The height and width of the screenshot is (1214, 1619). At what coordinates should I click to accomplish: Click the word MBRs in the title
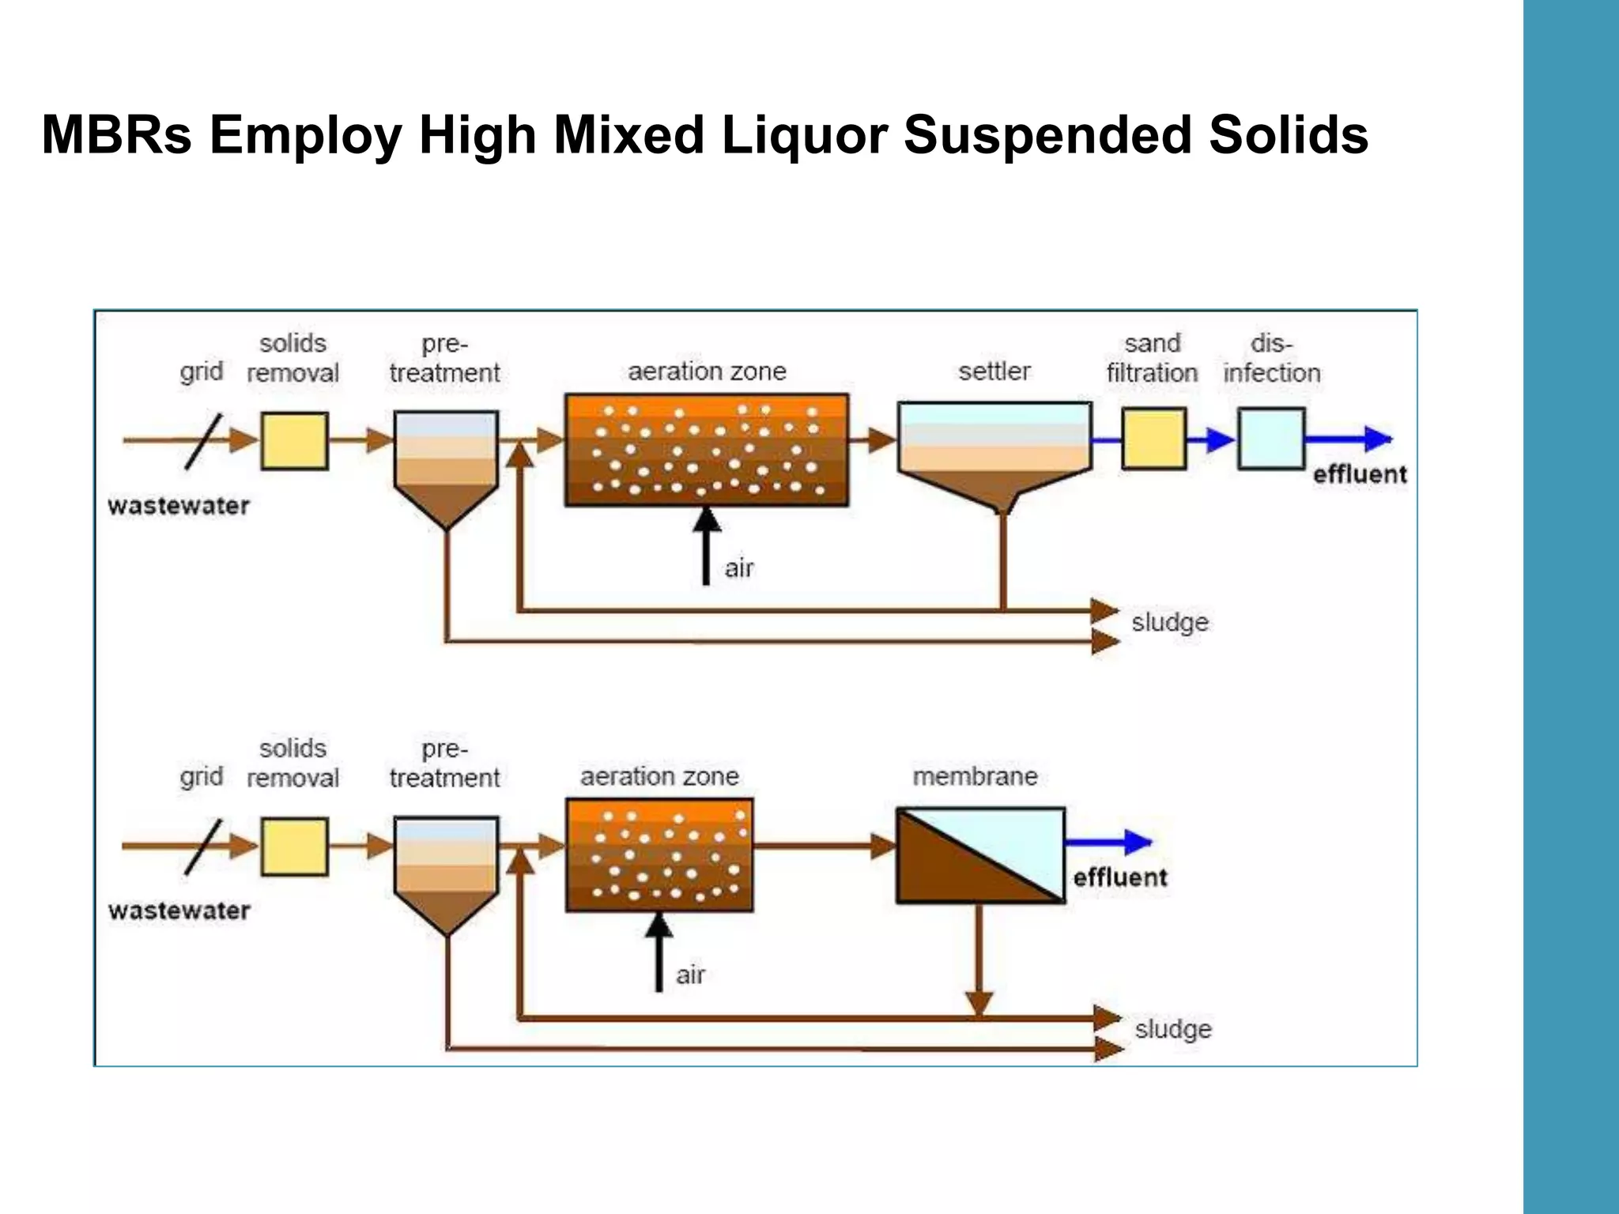pos(117,134)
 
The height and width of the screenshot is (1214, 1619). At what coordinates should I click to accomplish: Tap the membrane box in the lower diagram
pos(980,855)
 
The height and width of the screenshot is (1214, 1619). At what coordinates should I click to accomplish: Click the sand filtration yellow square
pos(1154,439)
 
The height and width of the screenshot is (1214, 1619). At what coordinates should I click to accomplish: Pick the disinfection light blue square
pos(1271,439)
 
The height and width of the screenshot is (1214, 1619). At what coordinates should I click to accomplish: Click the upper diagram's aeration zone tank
pos(707,450)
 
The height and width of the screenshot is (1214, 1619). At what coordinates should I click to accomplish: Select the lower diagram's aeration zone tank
pos(659,855)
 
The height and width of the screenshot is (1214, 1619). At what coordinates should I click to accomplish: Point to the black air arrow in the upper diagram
pos(706,546)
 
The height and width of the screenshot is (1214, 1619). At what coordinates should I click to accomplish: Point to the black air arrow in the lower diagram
pos(659,952)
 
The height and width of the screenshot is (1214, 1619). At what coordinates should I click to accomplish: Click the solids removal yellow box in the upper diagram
pos(294,441)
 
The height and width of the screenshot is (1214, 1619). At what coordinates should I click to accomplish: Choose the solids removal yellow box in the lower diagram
pos(294,846)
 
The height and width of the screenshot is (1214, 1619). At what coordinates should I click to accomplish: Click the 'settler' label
pos(994,371)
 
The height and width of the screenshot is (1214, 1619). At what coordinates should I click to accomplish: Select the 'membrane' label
pos(976,776)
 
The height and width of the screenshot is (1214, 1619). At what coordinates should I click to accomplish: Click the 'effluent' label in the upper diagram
pos(1360,474)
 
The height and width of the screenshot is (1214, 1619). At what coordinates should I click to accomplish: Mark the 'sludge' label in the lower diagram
pos(1173,1030)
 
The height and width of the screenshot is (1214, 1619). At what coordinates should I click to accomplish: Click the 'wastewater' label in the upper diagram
pos(179,506)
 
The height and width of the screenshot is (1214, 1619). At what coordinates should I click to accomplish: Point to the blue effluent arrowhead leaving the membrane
pos(1138,843)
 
